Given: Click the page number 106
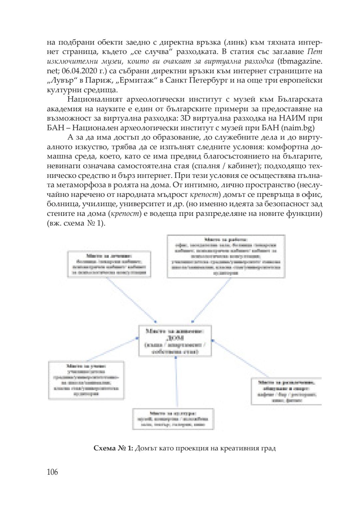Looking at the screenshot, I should click(x=52, y=472).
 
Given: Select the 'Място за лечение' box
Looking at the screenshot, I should click(x=109, y=264).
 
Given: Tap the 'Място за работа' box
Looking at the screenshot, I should click(x=226, y=256).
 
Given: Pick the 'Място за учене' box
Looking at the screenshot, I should click(x=86, y=380).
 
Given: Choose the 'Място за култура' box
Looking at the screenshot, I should click(x=173, y=419).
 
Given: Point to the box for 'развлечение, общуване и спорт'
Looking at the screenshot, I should click(x=286, y=391).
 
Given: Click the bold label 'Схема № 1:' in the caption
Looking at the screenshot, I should click(x=113, y=448).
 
